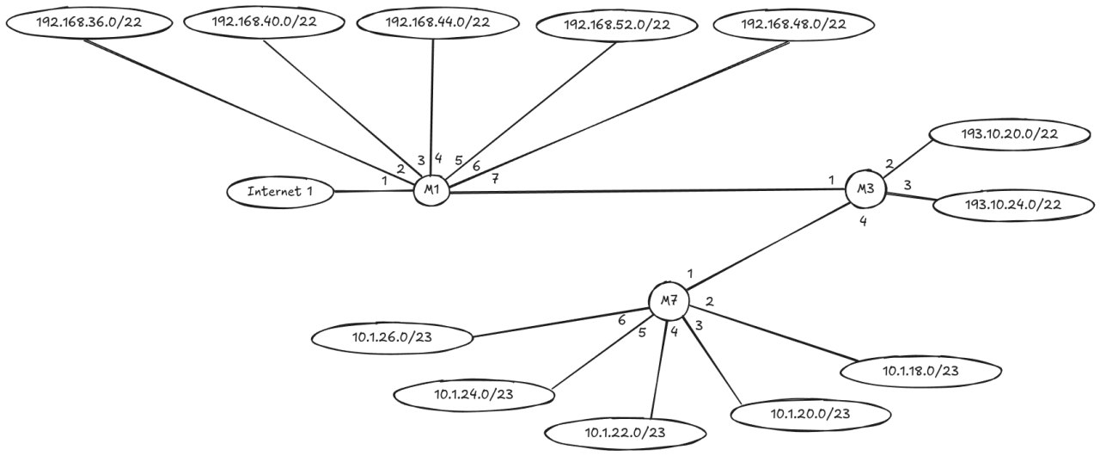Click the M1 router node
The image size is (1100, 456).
pyautogui.click(x=431, y=190)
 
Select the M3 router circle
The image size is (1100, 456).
pyautogui.click(x=865, y=189)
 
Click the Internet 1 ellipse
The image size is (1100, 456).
pyautogui.click(x=280, y=192)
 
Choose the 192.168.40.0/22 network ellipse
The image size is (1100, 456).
pyautogui.click(x=264, y=22)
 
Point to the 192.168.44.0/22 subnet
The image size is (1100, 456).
pyautogui.click(x=437, y=22)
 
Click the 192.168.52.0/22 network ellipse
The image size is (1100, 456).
pyautogui.click(x=616, y=25)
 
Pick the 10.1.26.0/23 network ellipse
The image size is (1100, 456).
pyautogui.click(x=392, y=337)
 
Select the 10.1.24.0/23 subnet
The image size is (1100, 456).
pyautogui.click(x=472, y=394)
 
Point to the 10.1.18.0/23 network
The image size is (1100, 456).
pyautogui.click(x=920, y=371)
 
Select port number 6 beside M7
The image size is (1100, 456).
pyautogui.click(x=623, y=319)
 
